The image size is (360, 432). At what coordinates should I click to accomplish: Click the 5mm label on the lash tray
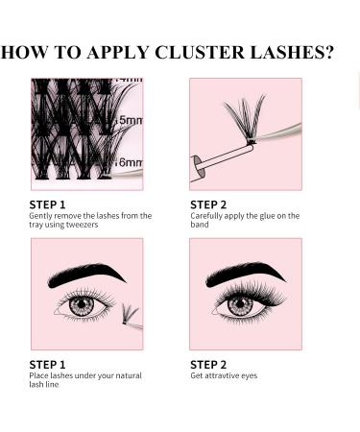pyautogui.click(x=130, y=120)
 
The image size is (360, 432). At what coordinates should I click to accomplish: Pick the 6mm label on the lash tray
pyautogui.click(x=130, y=162)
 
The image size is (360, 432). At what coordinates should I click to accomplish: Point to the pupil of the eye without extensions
pyautogui.click(x=81, y=304)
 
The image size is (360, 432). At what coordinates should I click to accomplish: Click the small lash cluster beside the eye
pyautogui.click(x=130, y=314)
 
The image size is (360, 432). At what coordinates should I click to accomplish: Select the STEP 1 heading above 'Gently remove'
pyautogui.click(x=47, y=204)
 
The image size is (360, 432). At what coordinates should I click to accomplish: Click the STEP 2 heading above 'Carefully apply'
pyautogui.click(x=208, y=204)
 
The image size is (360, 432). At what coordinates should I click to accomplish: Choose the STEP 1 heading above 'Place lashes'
pyautogui.click(x=47, y=364)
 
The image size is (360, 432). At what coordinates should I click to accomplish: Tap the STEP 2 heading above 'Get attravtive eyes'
pyautogui.click(x=208, y=364)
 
